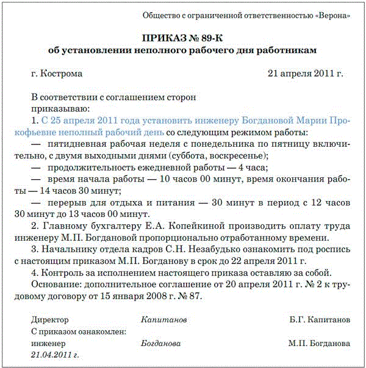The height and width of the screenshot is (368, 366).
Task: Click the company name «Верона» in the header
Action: coord(334,15)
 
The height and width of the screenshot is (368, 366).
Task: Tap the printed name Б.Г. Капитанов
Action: coord(320,319)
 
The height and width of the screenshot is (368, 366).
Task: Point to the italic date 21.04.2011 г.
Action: coord(56,354)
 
